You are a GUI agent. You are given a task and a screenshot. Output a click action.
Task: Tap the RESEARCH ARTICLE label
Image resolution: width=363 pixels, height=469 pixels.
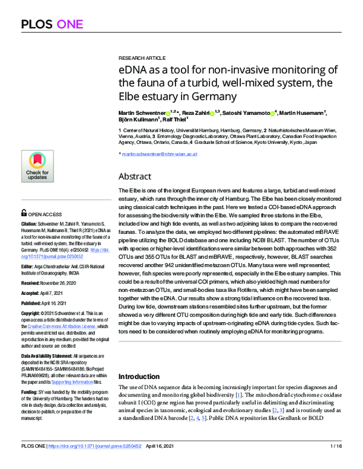click(140, 54)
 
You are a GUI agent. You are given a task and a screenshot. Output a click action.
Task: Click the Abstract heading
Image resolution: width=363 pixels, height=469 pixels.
click(139, 176)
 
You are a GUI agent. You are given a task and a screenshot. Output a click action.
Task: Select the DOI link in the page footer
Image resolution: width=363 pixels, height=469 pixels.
click(100, 463)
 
